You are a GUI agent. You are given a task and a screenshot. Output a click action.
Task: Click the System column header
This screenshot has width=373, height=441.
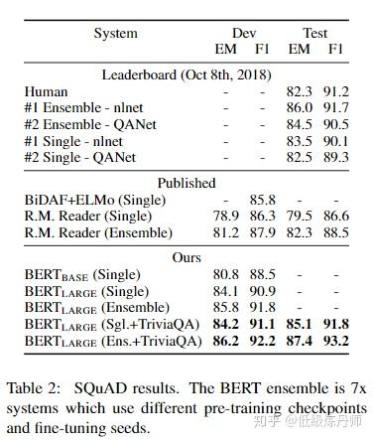coord(115,34)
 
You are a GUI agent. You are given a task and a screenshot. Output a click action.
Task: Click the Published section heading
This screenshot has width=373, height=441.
coord(186,183)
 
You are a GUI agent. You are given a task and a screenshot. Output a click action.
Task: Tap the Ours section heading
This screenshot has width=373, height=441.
coord(186,257)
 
